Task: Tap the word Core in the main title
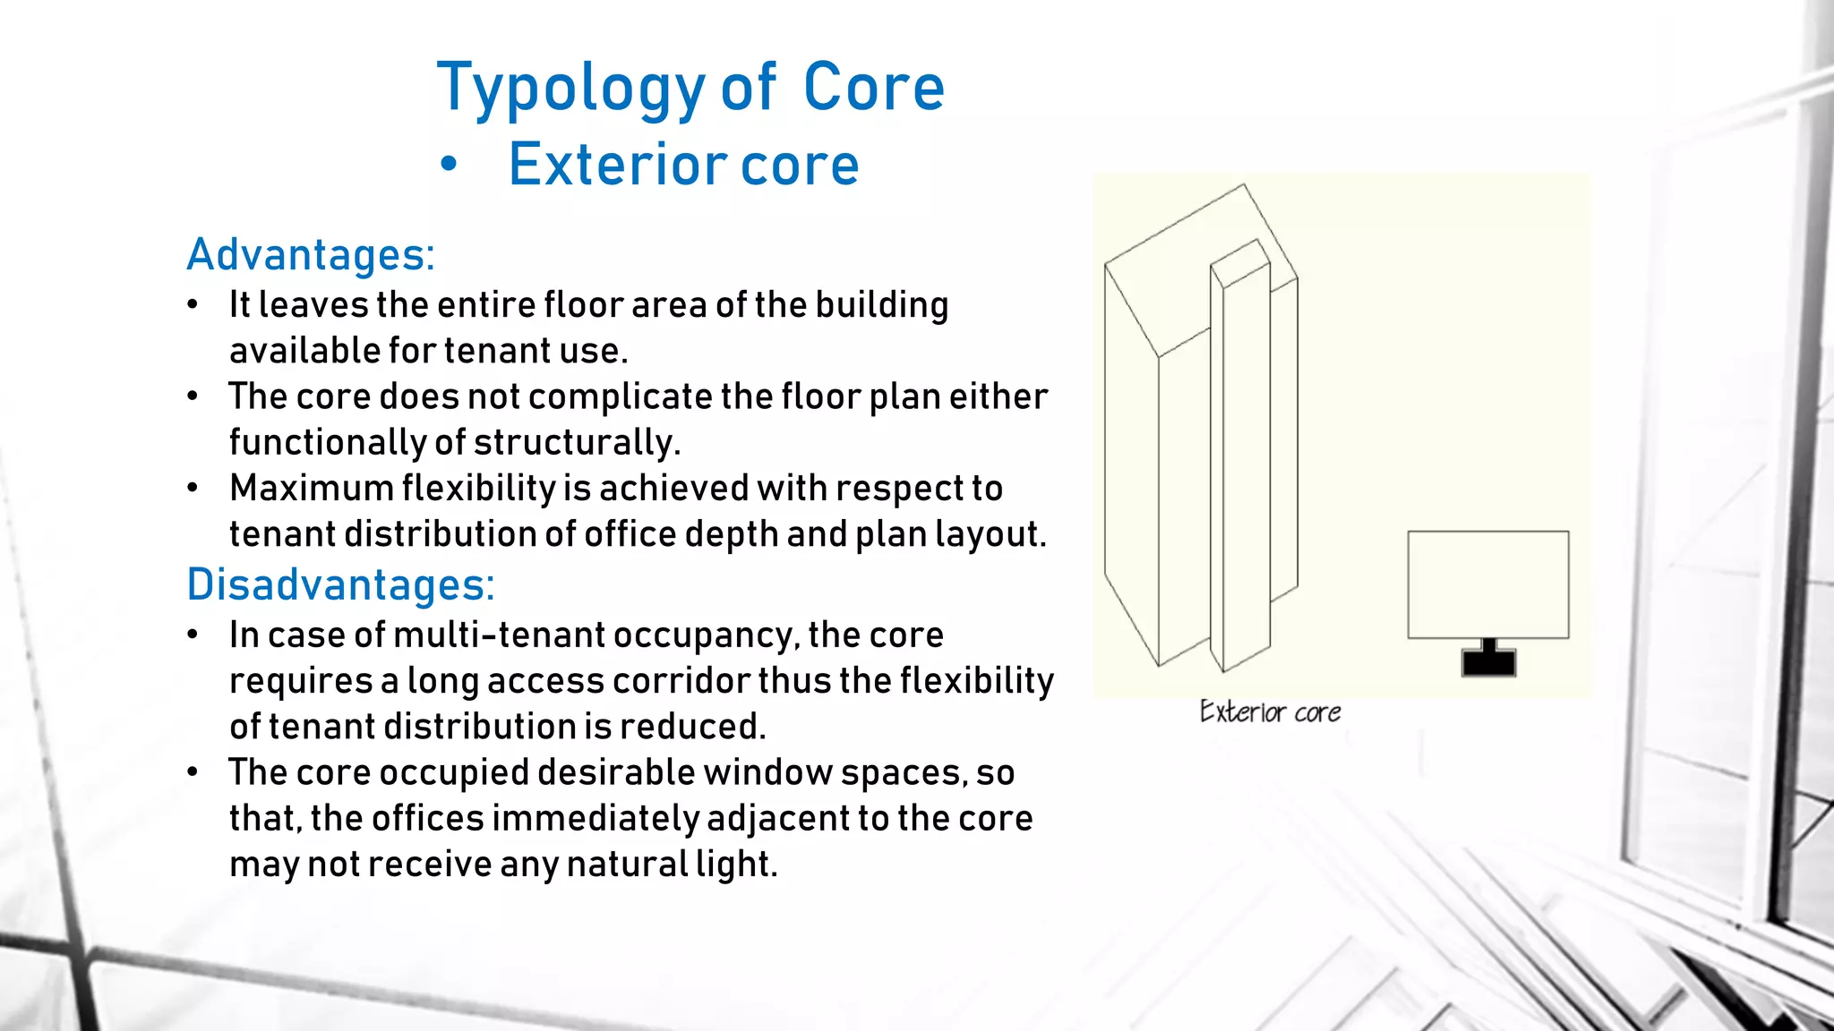pyautogui.click(x=873, y=88)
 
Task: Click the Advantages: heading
pyautogui.click(x=311, y=255)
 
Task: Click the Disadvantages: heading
pyautogui.click(x=340, y=585)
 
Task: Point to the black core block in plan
pyautogui.click(x=1488, y=662)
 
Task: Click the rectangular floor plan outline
pyautogui.click(x=1487, y=584)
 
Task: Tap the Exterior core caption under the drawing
pyautogui.click(x=1270, y=712)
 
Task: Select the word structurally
pyautogui.click(x=577, y=443)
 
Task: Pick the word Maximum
pyautogui.click(x=311, y=489)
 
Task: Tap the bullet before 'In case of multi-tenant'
pyautogui.click(x=193, y=635)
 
